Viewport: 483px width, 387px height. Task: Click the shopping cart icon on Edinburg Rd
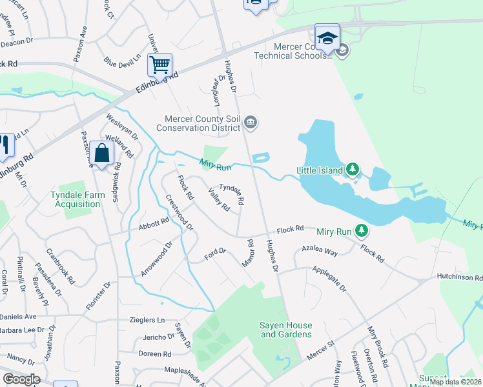(x=159, y=64)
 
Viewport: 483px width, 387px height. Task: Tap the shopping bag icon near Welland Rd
(x=102, y=154)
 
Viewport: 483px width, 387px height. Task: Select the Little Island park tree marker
(x=352, y=170)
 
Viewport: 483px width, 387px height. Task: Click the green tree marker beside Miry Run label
(x=362, y=230)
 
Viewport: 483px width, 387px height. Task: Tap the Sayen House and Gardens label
(x=285, y=330)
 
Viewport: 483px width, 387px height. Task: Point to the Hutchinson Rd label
(x=460, y=277)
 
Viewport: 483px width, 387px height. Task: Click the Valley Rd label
(x=218, y=200)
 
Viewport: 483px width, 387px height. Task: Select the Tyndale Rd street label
(x=232, y=193)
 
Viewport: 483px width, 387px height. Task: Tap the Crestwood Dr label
(x=180, y=213)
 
